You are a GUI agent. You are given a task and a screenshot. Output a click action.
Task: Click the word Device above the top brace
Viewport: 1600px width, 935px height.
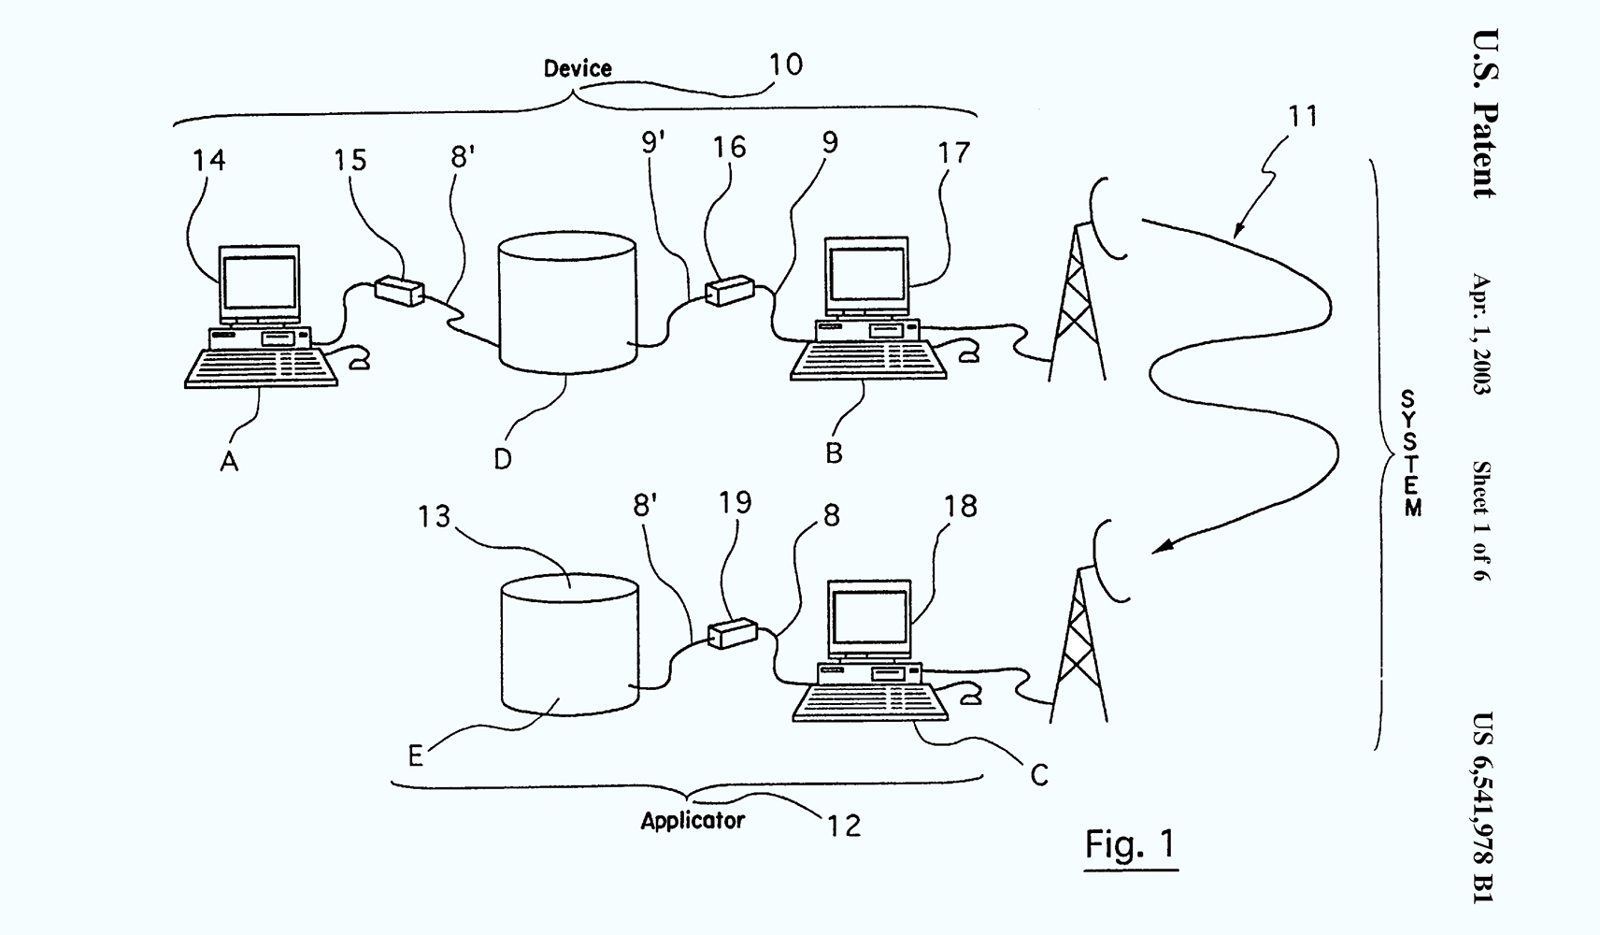pyautogui.click(x=578, y=68)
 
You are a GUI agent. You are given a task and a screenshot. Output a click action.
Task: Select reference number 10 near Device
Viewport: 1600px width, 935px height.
pyautogui.click(x=786, y=65)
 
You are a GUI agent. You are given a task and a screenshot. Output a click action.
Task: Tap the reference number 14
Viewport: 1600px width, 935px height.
pyautogui.click(x=208, y=160)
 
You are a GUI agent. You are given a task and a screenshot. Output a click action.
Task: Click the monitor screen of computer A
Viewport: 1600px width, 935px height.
pyautogui.click(x=260, y=281)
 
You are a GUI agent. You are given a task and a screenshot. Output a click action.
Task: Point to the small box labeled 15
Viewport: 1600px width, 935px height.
pyautogui.click(x=399, y=291)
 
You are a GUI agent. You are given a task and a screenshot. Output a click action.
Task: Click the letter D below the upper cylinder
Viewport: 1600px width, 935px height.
pyautogui.click(x=503, y=459)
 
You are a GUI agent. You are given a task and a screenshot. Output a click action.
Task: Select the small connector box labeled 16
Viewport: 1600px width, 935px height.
pyautogui.click(x=729, y=291)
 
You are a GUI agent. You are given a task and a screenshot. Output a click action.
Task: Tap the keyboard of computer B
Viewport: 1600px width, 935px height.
pyautogui.click(x=868, y=360)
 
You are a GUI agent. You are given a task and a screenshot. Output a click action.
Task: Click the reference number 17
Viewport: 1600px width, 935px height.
pyautogui.click(x=953, y=153)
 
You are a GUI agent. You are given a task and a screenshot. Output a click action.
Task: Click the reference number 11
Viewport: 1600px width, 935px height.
pyautogui.click(x=1302, y=117)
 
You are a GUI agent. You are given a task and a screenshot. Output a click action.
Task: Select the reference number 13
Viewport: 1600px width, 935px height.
pyautogui.click(x=435, y=516)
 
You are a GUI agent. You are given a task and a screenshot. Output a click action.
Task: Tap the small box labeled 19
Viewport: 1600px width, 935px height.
pyautogui.click(x=732, y=633)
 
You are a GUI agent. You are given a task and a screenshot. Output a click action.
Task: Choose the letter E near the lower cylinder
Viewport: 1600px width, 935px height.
pyautogui.click(x=416, y=755)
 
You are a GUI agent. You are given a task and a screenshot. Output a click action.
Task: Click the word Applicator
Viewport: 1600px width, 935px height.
pyautogui.click(x=693, y=821)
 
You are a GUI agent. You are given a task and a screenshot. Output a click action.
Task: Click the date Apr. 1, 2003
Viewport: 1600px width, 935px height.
pyautogui.click(x=1481, y=334)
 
